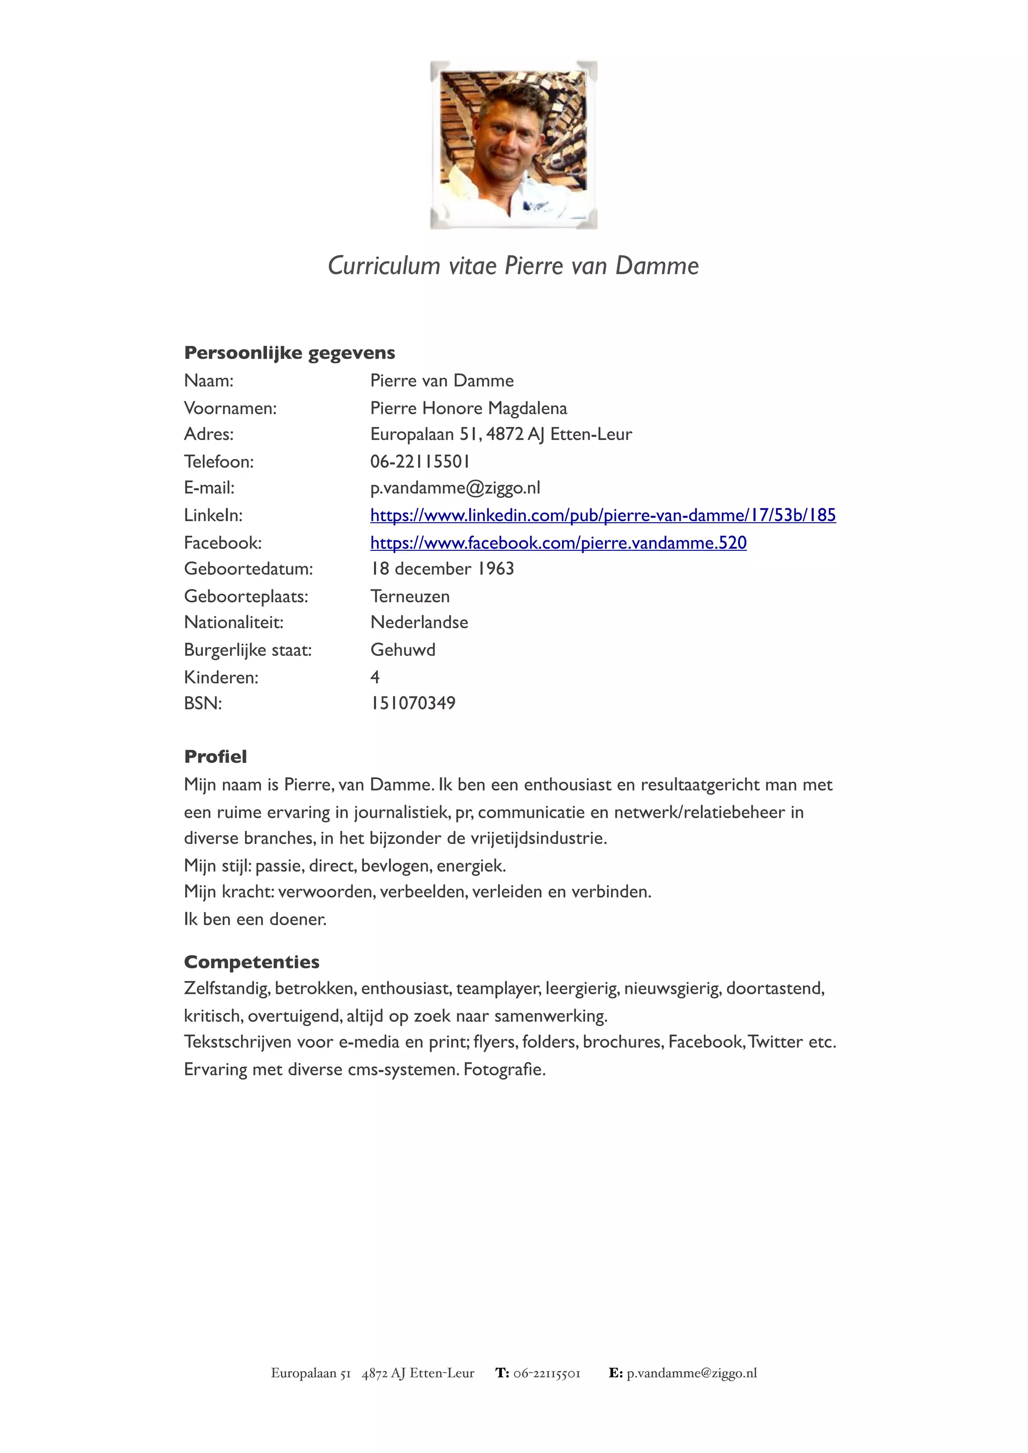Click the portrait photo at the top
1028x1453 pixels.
tap(513, 145)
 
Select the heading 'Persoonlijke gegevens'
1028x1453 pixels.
tap(289, 353)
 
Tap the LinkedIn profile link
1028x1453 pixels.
tap(603, 515)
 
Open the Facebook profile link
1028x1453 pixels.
tap(558, 543)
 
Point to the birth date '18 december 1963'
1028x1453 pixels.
tap(442, 569)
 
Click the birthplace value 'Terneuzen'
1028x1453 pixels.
tap(410, 596)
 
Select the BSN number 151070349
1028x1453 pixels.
tap(413, 703)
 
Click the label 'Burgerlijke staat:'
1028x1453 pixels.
tap(247, 650)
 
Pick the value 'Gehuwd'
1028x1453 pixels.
tap(403, 650)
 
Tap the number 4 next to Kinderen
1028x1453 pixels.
tap(375, 677)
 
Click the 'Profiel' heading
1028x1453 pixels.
tap(215, 756)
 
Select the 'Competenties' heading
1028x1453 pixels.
tap(251, 962)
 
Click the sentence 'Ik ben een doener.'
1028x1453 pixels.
tap(255, 919)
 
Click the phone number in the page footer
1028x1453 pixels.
tap(546, 1373)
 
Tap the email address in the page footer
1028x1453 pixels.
tap(691, 1373)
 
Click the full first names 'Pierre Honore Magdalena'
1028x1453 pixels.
tap(468, 408)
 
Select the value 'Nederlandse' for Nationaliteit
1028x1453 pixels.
tap(419, 623)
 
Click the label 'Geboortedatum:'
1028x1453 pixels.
tap(248, 569)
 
